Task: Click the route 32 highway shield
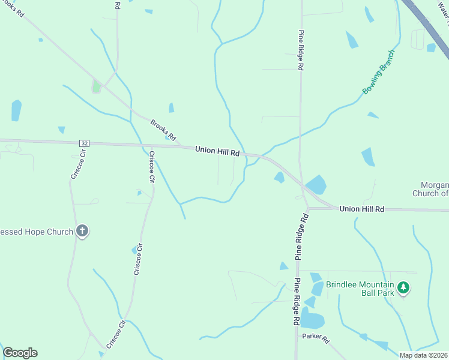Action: click(x=83, y=143)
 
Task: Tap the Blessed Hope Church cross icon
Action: click(x=83, y=231)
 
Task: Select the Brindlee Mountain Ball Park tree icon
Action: click(x=405, y=288)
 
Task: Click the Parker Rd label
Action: click(x=316, y=339)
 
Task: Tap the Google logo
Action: click(x=20, y=353)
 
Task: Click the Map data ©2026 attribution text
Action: click(x=424, y=355)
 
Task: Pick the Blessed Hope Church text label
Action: click(x=36, y=231)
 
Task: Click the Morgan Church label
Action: click(x=430, y=189)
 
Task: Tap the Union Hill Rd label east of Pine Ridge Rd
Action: click(x=361, y=209)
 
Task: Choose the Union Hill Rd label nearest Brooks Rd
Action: click(x=217, y=152)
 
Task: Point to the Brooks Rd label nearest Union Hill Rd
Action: click(x=163, y=127)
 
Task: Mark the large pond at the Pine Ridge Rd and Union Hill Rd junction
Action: click(x=316, y=185)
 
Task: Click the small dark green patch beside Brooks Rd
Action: click(x=96, y=88)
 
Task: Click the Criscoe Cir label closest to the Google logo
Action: click(x=115, y=334)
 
